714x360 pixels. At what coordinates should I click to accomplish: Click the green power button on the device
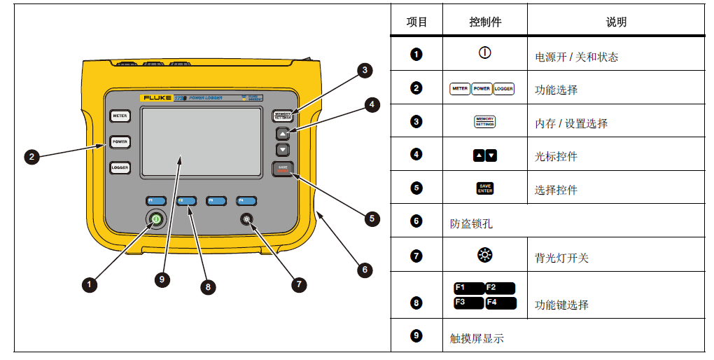[155, 220]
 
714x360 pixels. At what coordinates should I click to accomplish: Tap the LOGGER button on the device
[120, 168]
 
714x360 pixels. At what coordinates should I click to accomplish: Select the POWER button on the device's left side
[120, 141]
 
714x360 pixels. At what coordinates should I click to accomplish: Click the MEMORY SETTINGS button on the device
[283, 116]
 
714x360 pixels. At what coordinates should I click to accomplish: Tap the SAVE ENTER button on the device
[283, 169]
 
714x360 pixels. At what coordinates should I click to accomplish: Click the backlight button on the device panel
[246, 220]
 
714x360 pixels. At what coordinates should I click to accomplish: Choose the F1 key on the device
[155, 201]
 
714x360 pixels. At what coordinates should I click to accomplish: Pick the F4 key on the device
[246, 201]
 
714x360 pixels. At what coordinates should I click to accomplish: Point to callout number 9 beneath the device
[162, 279]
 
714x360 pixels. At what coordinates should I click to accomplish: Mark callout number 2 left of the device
[31, 157]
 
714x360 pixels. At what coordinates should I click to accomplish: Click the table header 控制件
[485, 22]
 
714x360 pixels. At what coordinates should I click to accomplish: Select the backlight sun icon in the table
[484, 256]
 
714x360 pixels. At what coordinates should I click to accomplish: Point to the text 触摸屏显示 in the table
[477, 338]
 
